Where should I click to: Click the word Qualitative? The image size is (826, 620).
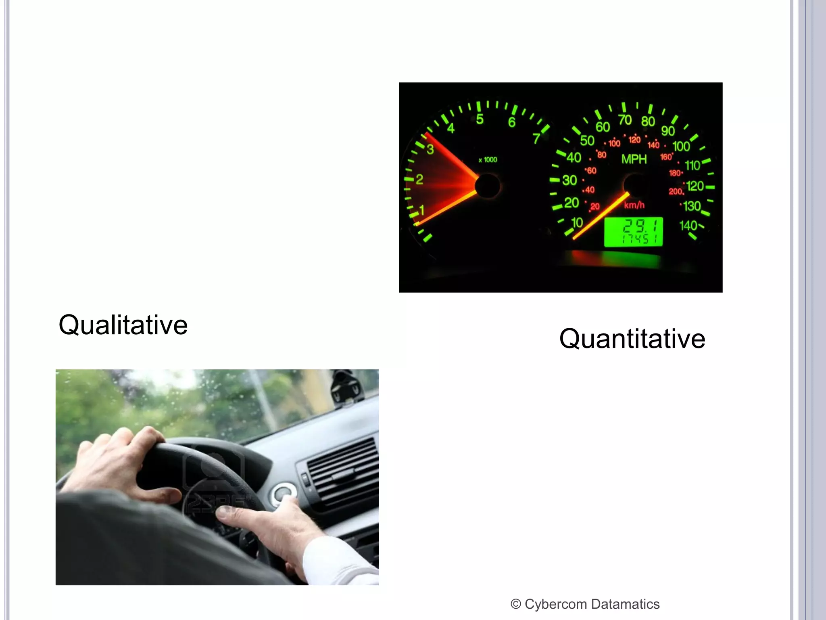pos(123,325)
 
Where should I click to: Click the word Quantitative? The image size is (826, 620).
pos(632,339)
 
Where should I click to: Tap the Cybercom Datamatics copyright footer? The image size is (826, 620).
pos(585,604)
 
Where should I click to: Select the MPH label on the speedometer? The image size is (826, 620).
pos(634,159)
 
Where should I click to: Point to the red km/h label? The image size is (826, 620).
pos(634,205)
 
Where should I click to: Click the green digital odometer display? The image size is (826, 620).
pos(633,231)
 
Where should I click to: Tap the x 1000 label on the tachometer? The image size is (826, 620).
pos(488,160)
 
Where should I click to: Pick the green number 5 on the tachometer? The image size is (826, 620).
pos(480,119)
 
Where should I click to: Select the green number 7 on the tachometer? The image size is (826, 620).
pos(536,138)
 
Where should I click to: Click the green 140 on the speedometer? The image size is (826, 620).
pos(688,225)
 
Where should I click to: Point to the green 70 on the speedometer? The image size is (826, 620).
pos(625,120)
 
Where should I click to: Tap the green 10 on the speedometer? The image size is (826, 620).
pos(577,222)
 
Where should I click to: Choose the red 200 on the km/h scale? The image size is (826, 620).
pos(675,191)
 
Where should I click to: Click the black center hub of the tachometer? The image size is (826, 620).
pos(487,186)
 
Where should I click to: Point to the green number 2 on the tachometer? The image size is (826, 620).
pos(419,179)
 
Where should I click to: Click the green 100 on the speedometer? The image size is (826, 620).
pos(681,146)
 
